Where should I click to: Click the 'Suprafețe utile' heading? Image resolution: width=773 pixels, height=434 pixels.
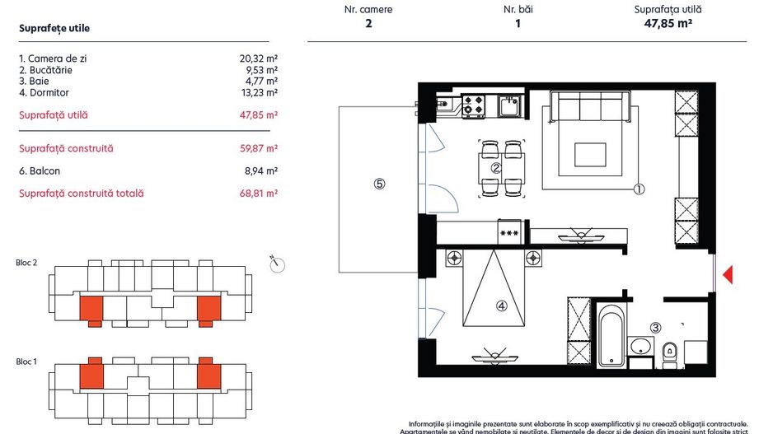[x=54, y=28]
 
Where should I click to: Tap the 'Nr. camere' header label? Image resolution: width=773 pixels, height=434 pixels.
[x=368, y=10]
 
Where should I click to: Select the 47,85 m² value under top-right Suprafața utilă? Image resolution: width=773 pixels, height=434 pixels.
[x=668, y=24]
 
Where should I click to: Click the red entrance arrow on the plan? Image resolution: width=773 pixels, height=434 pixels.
[x=727, y=275]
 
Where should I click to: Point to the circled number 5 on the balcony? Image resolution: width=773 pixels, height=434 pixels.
[x=379, y=184]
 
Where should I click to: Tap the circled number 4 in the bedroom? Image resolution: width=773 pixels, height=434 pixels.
[x=500, y=306]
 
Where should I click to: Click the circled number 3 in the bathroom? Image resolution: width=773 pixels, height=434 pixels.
[x=655, y=327]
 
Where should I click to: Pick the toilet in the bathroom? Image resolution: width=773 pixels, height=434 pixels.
[x=669, y=350]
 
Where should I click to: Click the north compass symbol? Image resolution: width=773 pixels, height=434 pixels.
[x=277, y=264]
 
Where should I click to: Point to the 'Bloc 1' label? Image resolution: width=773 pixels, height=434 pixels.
[x=27, y=362]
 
